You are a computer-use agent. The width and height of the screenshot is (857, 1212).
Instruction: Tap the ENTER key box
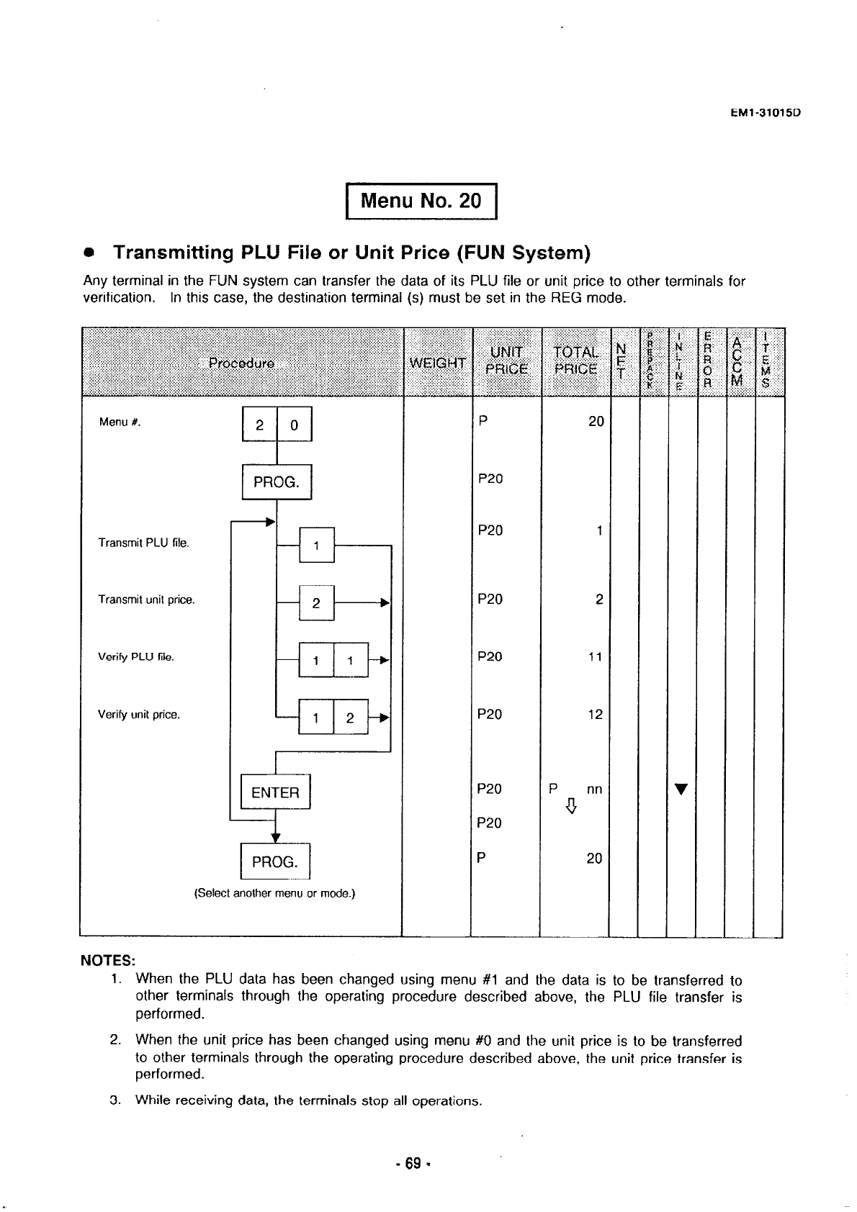(275, 792)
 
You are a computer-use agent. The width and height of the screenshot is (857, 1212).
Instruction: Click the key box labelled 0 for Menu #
(294, 425)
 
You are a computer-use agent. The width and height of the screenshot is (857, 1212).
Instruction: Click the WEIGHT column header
(437, 362)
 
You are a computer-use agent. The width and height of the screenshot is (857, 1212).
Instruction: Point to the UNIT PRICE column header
(506, 361)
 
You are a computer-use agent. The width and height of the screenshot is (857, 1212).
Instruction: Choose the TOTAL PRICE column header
(575, 361)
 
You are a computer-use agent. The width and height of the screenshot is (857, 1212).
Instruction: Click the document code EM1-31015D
(766, 113)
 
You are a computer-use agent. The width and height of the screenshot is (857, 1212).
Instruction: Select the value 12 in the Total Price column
(594, 715)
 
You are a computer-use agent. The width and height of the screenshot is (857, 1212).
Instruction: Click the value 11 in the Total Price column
(594, 657)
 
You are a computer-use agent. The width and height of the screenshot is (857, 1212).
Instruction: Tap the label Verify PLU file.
(136, 658)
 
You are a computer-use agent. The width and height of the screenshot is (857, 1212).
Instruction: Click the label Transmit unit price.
(146, 600)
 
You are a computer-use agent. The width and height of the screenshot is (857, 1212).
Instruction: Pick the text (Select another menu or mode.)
(275, 894)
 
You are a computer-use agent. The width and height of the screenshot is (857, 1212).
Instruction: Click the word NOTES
(107, 962)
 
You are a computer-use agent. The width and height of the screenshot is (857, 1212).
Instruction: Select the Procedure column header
(241, 362)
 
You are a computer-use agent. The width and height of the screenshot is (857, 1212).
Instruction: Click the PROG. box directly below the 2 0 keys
(276, 482)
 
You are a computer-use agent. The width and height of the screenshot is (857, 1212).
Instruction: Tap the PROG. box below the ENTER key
(274, 861)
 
